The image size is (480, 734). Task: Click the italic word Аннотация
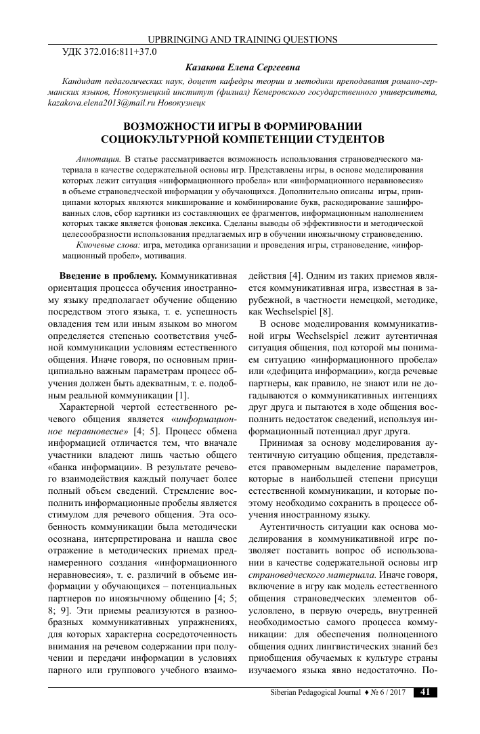tap(99, 157)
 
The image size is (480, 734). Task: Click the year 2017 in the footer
tap(397, 692)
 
